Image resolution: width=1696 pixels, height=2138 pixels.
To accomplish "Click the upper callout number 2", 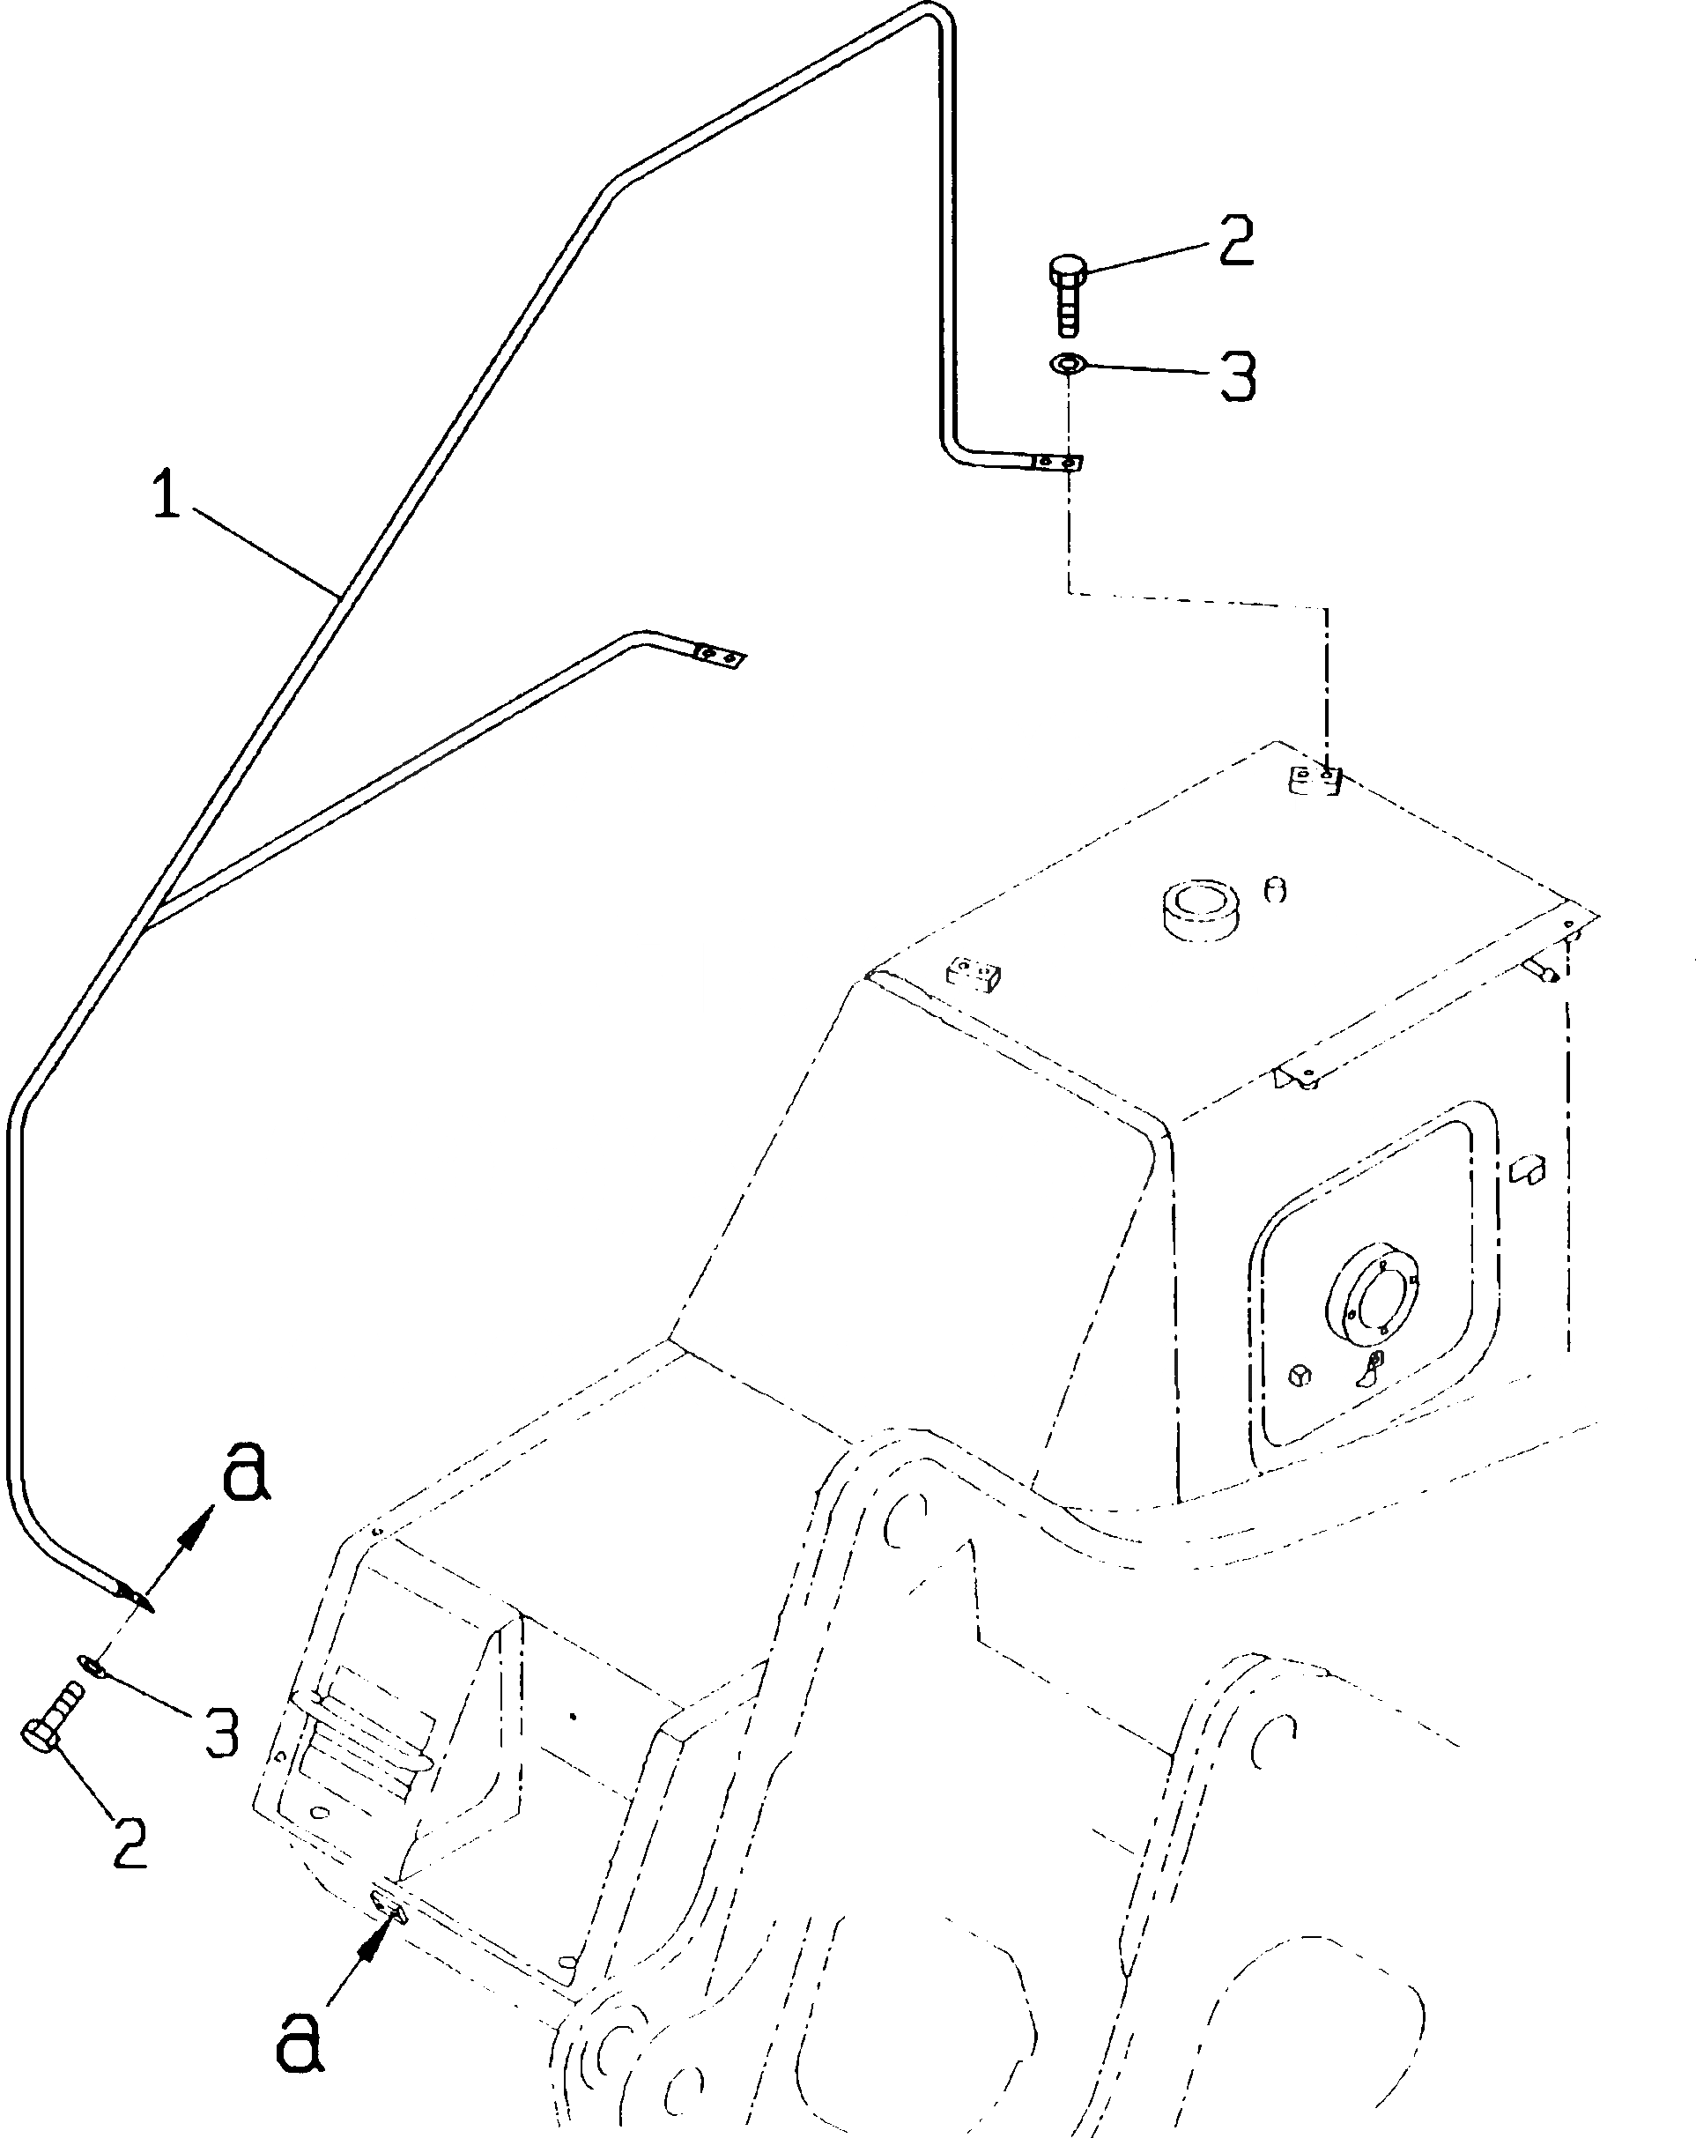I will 1235,240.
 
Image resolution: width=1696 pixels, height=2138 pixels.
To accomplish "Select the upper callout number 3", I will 1237,377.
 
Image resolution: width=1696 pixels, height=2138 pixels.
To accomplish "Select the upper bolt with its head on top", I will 1067,293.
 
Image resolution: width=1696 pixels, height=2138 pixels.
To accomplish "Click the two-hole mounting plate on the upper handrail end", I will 1055,462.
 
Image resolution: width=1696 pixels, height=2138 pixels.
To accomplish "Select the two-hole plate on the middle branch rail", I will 720,657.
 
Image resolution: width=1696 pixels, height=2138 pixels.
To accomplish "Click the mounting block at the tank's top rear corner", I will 1315,779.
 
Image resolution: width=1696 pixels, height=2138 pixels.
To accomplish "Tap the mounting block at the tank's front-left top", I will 974,972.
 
